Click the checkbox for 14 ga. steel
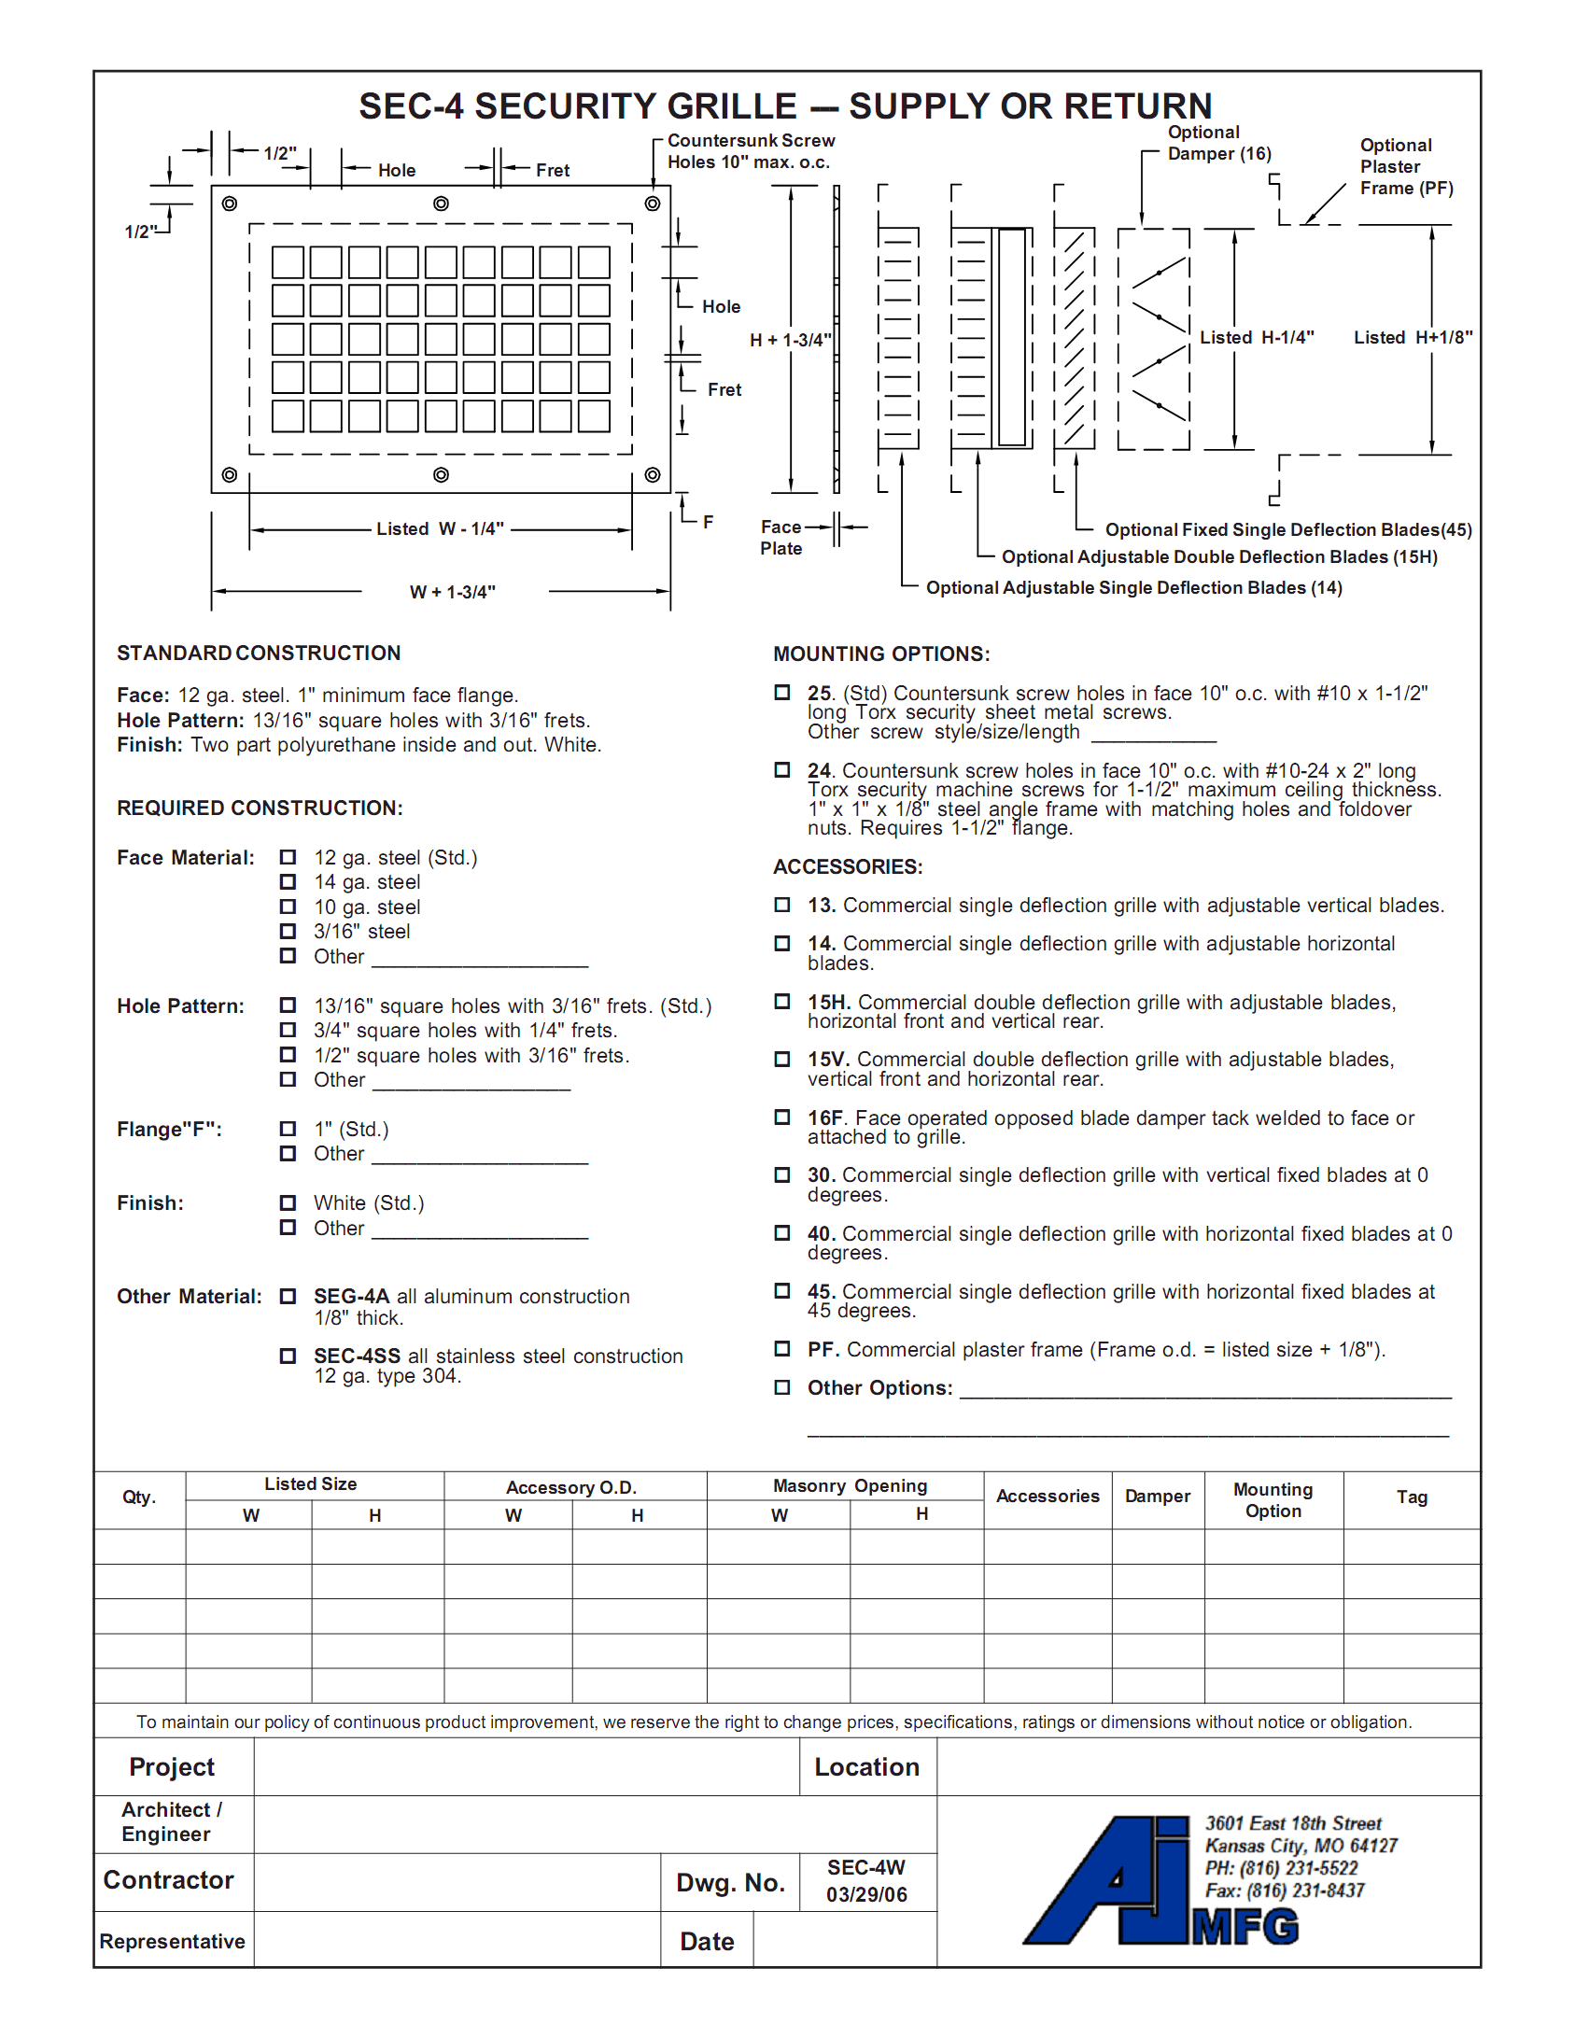tap(288, 882)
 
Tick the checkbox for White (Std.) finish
tap(288, 1202)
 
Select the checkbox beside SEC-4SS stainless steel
tap(288, 1356)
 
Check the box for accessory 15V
tap(782, 1060)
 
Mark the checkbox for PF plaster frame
tap(782, 1349)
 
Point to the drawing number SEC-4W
tap(865, 1867)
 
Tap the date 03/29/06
tap(865, 1894)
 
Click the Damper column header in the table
tap(1157, 1497)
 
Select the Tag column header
tap(1411, 1497)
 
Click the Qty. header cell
tap(139, 1497)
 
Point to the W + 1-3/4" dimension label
tap(453, 592)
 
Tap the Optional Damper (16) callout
tap(1218, 143)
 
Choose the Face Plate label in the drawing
tap(780, 538)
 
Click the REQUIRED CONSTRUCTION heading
tap(260, 808)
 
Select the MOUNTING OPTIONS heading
tap(881, 654)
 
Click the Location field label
tap(866, 1767)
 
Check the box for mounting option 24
tap(782, 770)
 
